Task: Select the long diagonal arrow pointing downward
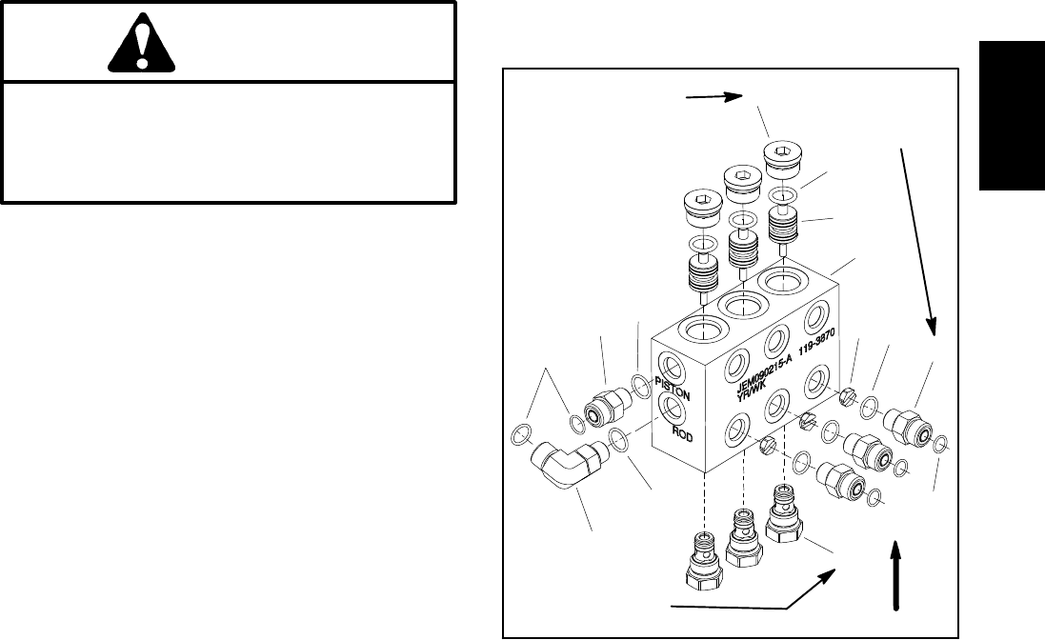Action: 918,238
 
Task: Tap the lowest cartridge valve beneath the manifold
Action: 703,562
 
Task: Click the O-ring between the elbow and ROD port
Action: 618,440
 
